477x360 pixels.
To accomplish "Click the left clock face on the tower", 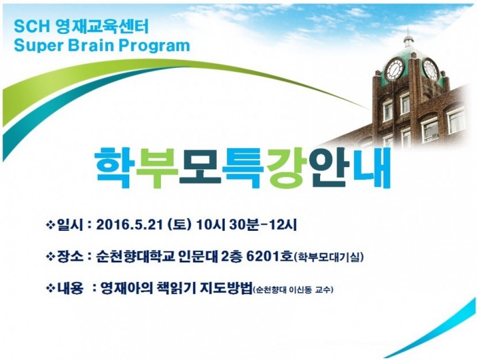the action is point(395,69).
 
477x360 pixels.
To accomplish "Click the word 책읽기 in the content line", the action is point(174,287).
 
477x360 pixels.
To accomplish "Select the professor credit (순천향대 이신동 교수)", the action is point(293,290).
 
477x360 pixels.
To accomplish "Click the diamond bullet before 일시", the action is point(50,225).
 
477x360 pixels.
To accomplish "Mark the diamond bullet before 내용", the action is point(50,288).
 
